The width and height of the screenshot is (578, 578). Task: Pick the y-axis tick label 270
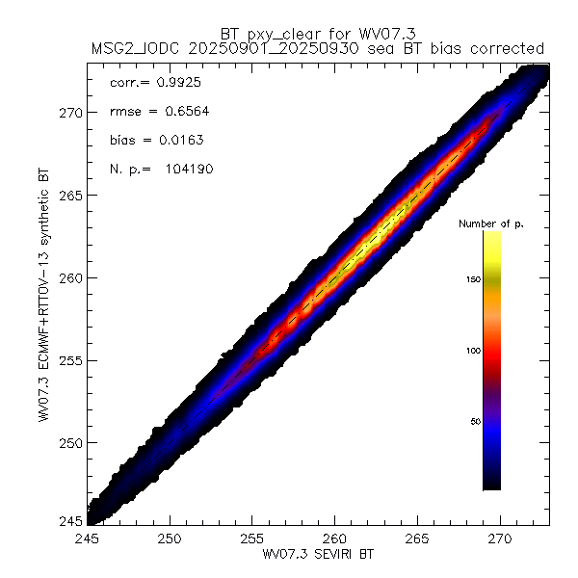tap(70, 112)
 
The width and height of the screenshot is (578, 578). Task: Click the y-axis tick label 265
tap(70, 195)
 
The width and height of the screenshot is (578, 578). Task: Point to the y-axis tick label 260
tap(70, 277)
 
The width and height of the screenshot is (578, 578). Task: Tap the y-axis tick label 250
tap(70, 443)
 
